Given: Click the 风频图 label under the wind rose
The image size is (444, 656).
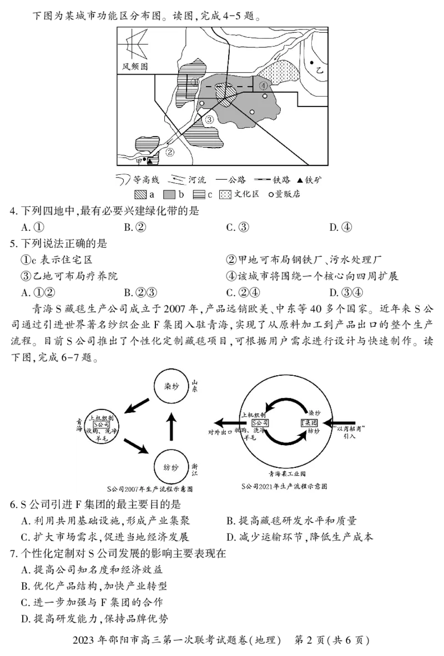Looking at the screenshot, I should pyautogui.click(x=135, y=67).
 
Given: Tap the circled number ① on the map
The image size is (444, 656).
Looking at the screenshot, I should pyautogui.click(x=194, y=82).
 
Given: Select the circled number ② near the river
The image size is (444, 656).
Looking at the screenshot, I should pyautogui.click(x=170, y=151).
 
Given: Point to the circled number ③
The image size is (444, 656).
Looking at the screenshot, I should pyautogui.click(x=209, y=120).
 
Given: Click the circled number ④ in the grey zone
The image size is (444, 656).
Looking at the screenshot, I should pyautogui.click(x=264, y=86).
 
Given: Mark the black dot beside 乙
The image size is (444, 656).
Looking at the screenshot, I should pyautogui.click(x=312, y=63).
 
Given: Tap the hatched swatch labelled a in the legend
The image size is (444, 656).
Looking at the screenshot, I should pyautogui.click(x=140, y=195).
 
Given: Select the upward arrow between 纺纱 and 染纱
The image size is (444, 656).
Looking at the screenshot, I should pyautogui.click(x=171, y=426).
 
